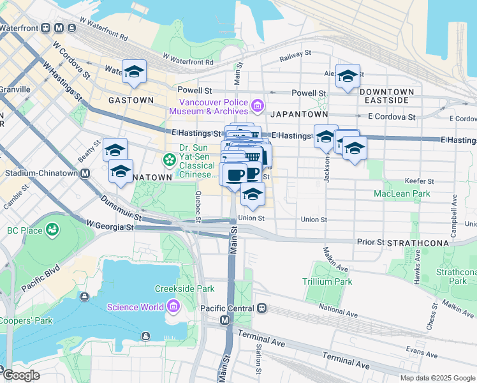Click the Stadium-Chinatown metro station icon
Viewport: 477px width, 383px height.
click(x=84, y=173)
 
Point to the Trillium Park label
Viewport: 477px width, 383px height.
click(x=327, y=282)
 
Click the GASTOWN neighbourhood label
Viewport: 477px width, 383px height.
click(x=131, y=100)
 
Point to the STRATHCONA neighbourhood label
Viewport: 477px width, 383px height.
click(x=422, y=243)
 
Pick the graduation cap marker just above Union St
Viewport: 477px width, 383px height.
click(x=253, y=196)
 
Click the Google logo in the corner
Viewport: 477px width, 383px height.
click(x=20, y=375)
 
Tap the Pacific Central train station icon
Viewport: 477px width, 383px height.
click(x=261, y=308)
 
